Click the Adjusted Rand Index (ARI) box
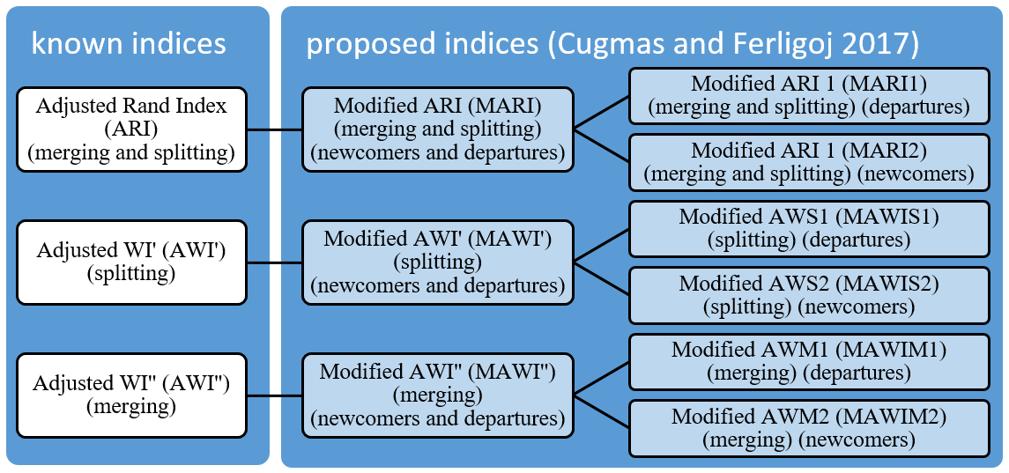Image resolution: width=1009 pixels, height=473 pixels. tap(131, 129)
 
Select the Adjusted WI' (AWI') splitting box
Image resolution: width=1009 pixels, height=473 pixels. tap(131, 262)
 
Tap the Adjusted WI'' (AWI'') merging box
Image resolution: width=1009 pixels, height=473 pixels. tap(131, 395)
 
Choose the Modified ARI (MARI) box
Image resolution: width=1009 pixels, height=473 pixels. tap(438, 129)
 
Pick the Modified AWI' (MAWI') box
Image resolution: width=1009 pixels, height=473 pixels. tap(438, 262)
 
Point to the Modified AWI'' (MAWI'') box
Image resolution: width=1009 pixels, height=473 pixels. tap(438, 395)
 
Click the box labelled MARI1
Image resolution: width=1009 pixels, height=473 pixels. tap(809, 95)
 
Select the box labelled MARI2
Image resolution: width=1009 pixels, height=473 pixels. tap(809, 162)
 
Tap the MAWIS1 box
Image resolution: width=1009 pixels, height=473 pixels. tap(809, 228)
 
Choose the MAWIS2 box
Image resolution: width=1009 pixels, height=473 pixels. tap(809, 295)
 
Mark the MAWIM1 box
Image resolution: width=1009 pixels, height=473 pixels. tap(809, 361)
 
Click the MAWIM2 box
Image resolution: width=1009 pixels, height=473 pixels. tap(809, 428)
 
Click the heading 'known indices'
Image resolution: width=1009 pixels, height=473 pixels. tap(130, 44)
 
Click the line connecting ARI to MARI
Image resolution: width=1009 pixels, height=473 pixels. tap(275, 129)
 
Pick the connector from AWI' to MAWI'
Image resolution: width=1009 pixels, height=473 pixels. tap(275, 262)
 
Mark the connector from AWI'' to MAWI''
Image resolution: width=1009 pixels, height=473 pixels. tap(275, 395)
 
